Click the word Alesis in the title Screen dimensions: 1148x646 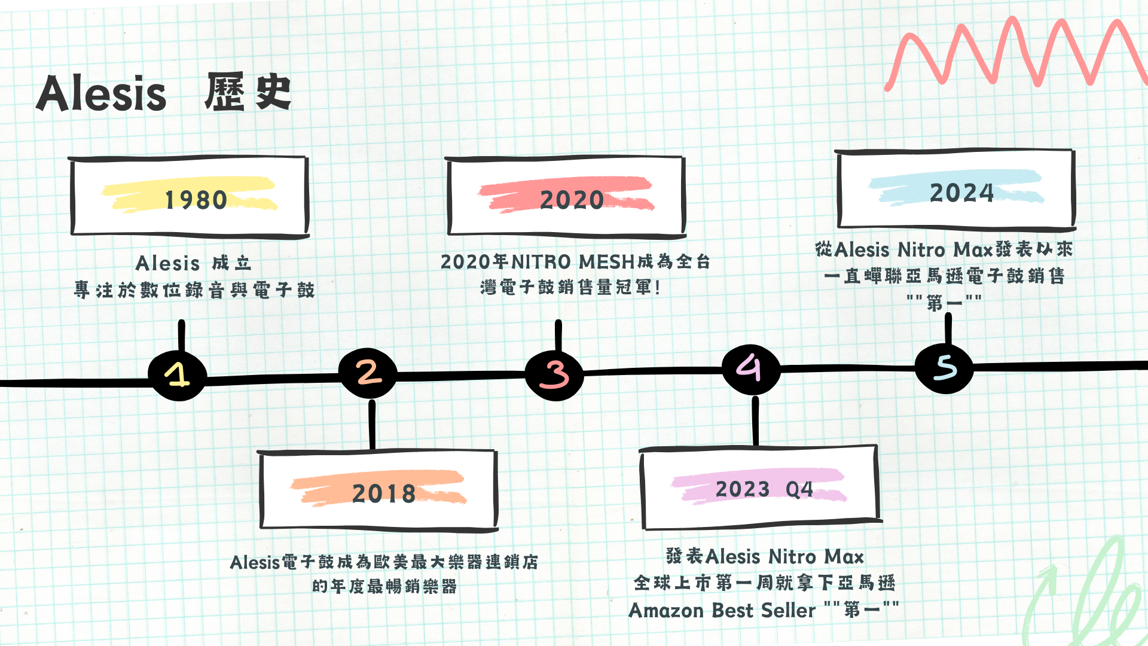pyautogui.click(x=101, y=94)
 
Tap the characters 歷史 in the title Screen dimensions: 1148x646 pyautogui.click(x=248, y=93)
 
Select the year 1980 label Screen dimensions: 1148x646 pyautogui.click(x=196, y=200)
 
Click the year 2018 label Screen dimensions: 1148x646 pyautogui.click(x=383, y=493)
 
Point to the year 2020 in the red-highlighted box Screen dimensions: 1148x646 pyautogui.click(x=572, y=200)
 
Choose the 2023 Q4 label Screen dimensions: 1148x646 pyautogui.click(x=764, y=489)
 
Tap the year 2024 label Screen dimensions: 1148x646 pyautogui.click(x=961, y=193)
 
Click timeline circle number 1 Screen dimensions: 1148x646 pyautogui.click(x=178, y=375)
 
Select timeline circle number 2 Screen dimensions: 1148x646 pyautogui.click(x=368, y=373)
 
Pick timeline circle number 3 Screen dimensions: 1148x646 pyautogui.click(x=554, y=374)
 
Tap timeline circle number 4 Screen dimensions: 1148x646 pyautogui.click(x=750, y=368)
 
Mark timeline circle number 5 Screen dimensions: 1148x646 pyautogui.click(x=945, y=367)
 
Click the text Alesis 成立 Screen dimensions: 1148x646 pyautogui.click(x=193, y=263)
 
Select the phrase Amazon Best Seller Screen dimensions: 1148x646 pyautogui.click(x=722, y=611)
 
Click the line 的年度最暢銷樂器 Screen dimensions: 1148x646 pyautogui.click(x=384, y=586)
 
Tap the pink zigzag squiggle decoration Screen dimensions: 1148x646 pyautogui.click(x=1016, y=54)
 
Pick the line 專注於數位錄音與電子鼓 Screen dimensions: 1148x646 pyautogui.click(x=194, y=290)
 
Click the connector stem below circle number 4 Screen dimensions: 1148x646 pyautogui.click(x=756, y=421)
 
